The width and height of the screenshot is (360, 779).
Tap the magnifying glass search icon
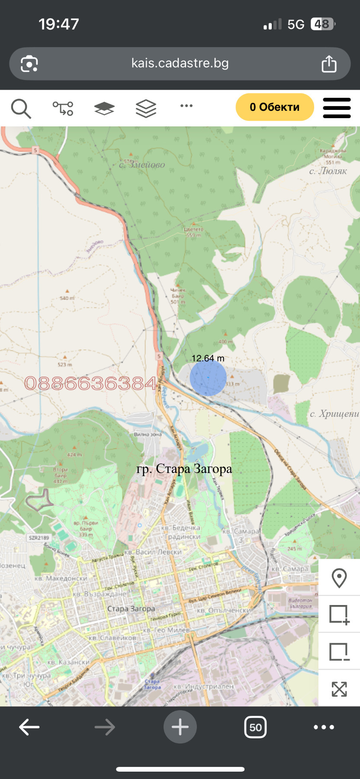point(21,108)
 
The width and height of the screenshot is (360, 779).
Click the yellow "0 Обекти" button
point(274,107)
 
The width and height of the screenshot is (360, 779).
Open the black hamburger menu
point(337,108)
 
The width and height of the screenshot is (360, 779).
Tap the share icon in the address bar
point(329,64)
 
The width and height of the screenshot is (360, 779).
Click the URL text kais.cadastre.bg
point(180,63)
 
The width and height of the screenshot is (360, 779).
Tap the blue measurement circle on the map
point(208,378)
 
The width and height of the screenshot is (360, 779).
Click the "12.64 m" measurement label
point(208,358)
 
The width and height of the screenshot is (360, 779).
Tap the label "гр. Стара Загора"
point(184,469)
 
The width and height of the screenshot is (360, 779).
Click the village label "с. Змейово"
point(142,165)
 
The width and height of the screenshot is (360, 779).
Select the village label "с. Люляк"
point(328,171)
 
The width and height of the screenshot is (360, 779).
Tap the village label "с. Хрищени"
point(334,414)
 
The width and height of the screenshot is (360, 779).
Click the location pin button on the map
point(339,578)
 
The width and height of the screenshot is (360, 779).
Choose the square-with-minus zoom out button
point(339,652)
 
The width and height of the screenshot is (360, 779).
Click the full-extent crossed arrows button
point(339,689)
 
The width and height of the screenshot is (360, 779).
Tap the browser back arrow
point(29,727)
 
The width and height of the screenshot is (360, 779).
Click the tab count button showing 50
point(255,727)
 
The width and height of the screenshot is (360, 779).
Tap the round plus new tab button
point(180,727)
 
